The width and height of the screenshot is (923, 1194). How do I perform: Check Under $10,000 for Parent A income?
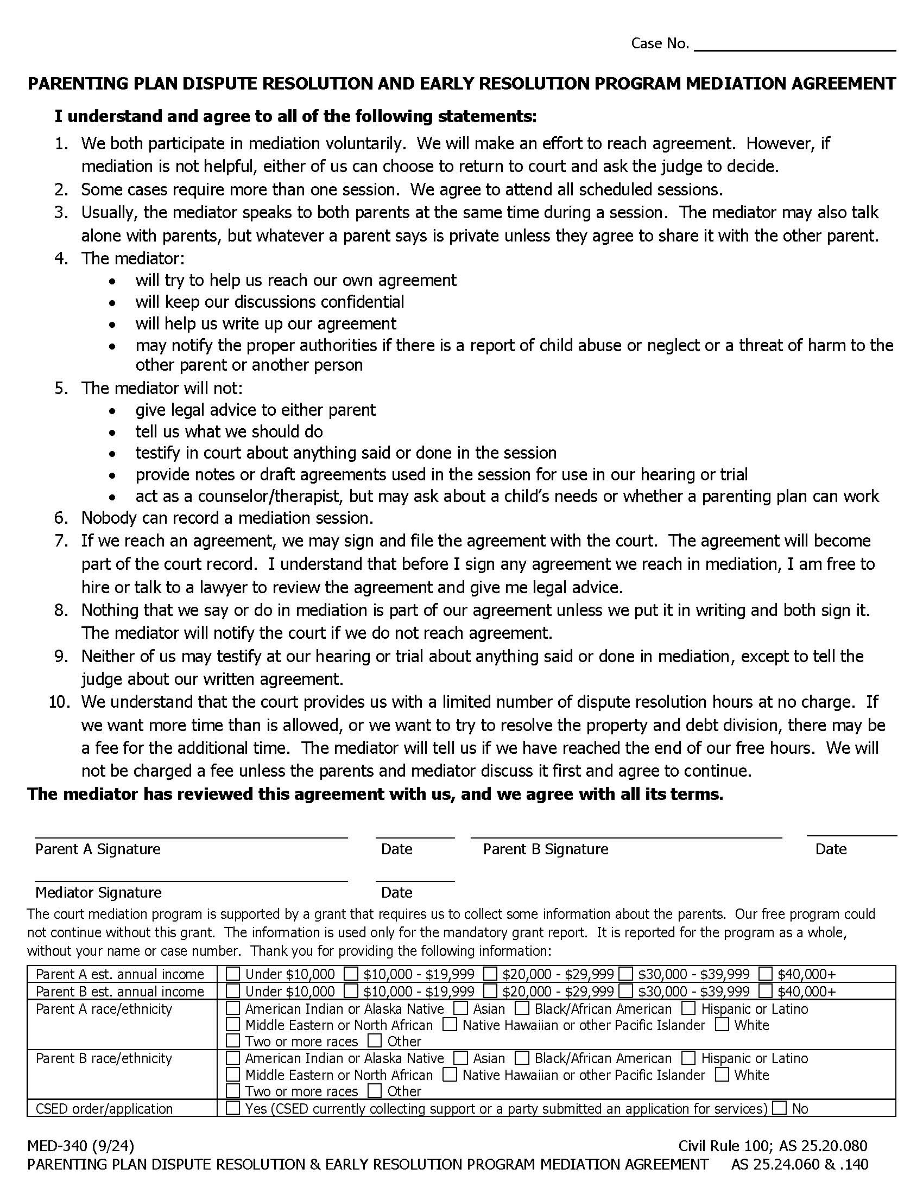point(233,974)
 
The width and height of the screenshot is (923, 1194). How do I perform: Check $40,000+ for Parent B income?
point(766,991)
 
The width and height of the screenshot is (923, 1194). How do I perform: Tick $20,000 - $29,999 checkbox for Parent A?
point(490,974)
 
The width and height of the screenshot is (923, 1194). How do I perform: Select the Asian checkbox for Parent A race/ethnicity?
point(461,1008)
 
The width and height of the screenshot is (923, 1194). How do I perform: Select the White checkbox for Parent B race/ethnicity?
point(722,1075)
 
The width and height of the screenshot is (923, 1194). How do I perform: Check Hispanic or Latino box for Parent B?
point(688,1058)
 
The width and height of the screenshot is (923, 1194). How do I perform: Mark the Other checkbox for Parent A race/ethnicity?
point(375,1041)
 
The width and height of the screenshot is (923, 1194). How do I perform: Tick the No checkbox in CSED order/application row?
point(780,1108)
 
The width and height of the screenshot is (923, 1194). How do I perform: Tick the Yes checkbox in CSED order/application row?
point(233,1108)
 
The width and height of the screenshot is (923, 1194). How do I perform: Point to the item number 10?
point(60,702)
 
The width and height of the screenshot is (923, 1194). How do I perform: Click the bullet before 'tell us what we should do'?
point(112,433)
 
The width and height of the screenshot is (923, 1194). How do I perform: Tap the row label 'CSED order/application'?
point(104,1109)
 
